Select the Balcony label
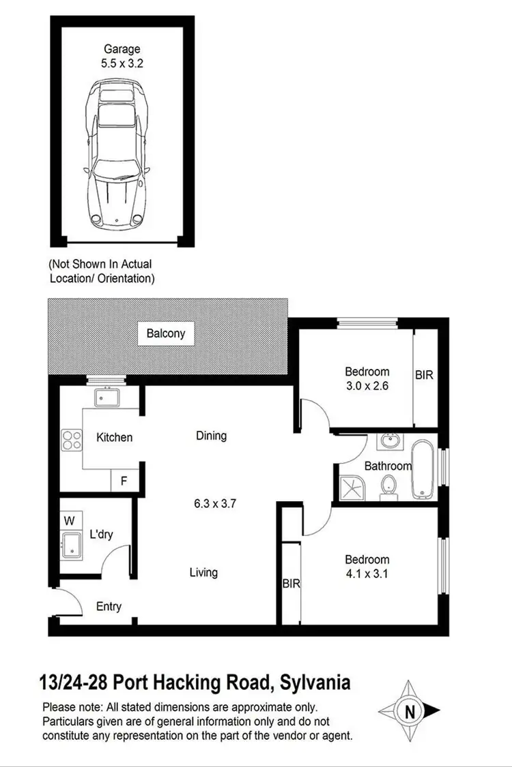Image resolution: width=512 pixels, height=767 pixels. [166, 334]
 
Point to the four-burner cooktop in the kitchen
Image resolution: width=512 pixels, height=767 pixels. [71, 438]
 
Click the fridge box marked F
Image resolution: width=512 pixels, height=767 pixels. [124, 480]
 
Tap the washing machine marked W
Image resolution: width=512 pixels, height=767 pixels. [69, 521]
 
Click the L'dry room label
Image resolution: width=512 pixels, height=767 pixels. [101, 535]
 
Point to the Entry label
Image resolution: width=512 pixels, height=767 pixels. [109, 606]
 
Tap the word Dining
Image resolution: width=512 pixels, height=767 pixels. [211, 435]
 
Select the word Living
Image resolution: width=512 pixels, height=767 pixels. [203, 572]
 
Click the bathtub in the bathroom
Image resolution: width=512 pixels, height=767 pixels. [423, 470]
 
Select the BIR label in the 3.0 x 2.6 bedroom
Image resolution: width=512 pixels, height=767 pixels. [424, 376]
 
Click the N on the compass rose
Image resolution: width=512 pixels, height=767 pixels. [410, 712]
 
